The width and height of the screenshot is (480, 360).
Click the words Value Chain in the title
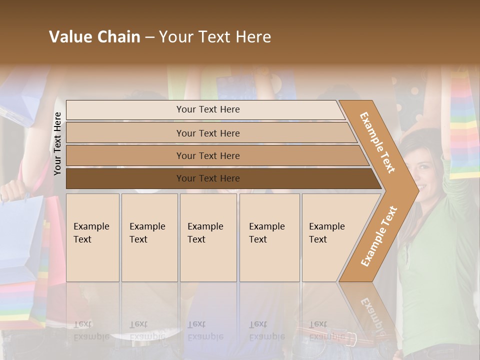(x=94, y=37)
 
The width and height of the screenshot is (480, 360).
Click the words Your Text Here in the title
(x=215, y=37)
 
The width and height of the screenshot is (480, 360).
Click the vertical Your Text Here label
(x=57, y=143)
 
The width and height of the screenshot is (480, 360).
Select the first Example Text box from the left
(x=92, y=237)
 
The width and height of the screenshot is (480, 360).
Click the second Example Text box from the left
(x=149, y=237)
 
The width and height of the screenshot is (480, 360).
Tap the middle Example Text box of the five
(x=208, y=237)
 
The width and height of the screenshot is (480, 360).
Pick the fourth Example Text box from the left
(x=269, y=237)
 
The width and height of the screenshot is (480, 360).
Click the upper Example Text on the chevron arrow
(x=377, y=142)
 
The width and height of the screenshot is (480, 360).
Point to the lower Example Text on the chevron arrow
(x=378, y=236)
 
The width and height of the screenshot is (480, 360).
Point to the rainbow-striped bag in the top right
(x=464, y=125)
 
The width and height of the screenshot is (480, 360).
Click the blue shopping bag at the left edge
(x=20, y=235)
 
